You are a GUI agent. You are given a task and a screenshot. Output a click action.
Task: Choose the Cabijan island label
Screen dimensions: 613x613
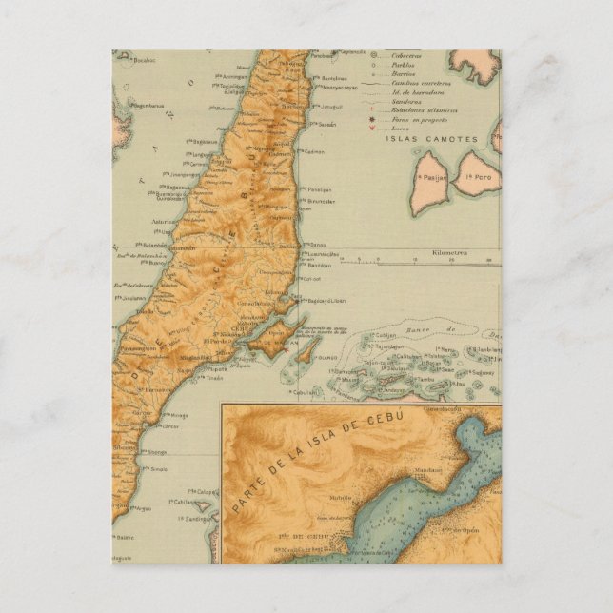[366, 335]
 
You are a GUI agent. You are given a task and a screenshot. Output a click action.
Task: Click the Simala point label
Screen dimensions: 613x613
[157, 469]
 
